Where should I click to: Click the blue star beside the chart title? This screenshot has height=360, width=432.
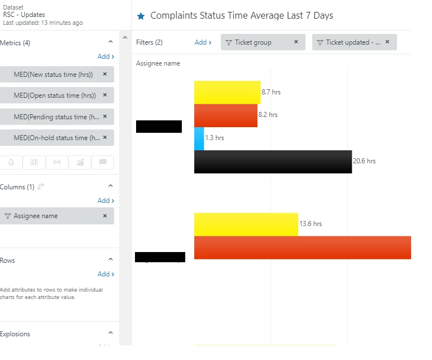click(141, 16)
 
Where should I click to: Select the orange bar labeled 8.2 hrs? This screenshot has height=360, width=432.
click(225, 115)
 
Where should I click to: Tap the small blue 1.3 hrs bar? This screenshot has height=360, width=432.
click(199, 138)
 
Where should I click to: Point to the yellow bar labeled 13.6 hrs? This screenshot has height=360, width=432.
click(246, 224)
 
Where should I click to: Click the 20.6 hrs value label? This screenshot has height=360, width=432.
click(364, 161)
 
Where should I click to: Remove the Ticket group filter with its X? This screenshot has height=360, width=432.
click(296, 42)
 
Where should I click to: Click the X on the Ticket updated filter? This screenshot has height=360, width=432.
click(387, 42)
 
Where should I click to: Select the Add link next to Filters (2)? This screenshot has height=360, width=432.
click(203, 42)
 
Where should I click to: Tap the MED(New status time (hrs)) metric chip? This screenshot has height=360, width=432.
click(53, 75)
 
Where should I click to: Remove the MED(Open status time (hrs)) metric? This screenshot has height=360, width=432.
click(105, 95)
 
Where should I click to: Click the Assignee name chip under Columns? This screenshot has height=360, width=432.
click(51, 216)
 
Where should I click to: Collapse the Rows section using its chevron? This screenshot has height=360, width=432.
click(111, 259)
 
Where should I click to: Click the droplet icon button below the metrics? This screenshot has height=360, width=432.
click(11, 162)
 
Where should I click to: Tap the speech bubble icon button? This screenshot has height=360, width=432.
click(103, 162)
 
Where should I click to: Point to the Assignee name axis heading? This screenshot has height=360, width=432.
click(158, 63)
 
